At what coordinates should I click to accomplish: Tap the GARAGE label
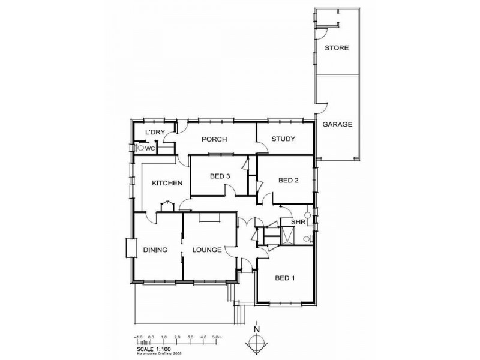[x=337, y=125]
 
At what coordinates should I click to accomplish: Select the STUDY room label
[x=283, y=139]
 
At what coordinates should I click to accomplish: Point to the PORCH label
[x=214, y=139]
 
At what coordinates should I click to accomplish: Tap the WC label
[x=151, y=147]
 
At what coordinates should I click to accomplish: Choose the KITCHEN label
[x=167, y=183]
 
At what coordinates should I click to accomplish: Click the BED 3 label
[x=220, y=176]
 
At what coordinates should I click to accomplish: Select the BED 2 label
[x=289, y=180]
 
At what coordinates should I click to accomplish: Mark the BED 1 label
[x=285, y=278]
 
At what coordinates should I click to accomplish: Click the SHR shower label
[x=298, y=223]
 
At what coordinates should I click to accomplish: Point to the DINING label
[x=155, y=250]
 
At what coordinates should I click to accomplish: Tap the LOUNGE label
[x=208, y=250]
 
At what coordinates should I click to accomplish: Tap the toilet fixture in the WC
[x=141, y=147]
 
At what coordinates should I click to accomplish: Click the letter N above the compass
[x=257, y=329]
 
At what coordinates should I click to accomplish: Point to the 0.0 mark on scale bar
[x=151, y=337]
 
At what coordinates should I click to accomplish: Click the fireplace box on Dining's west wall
[x=130, y=248]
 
